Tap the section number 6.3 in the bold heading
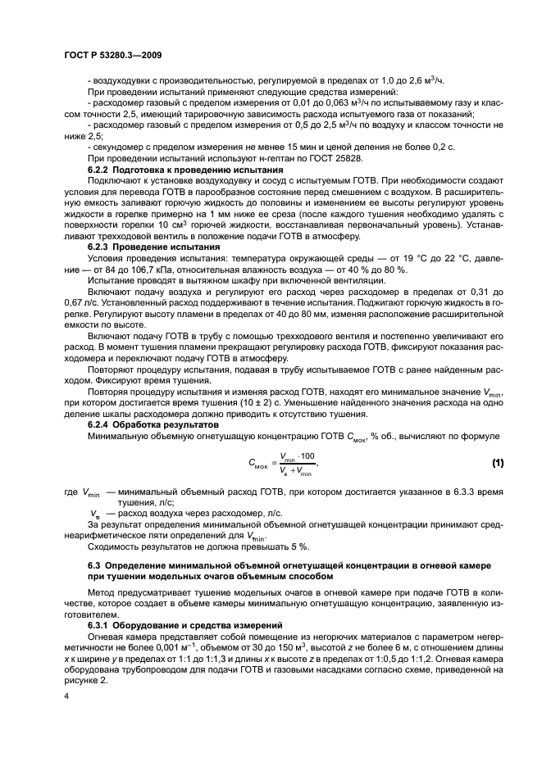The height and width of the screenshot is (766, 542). tap(94, 565)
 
